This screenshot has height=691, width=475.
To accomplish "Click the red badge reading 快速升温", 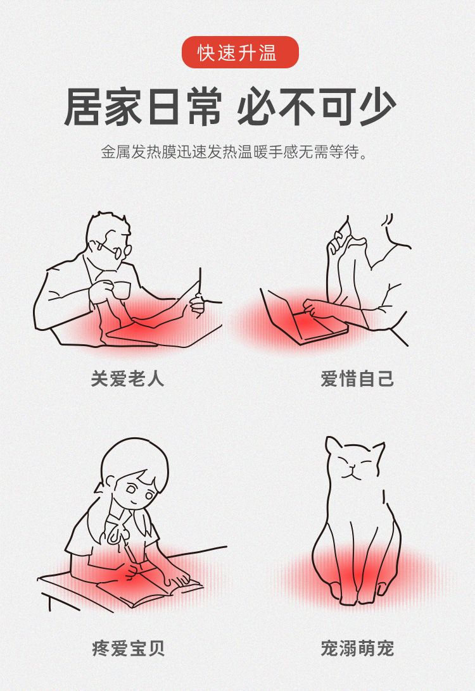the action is tap(241, 53).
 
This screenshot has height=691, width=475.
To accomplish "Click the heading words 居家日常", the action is tap(142, 108).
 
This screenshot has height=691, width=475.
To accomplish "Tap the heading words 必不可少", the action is tap(317, 107).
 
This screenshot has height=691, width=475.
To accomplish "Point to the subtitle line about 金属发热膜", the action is tap(234, 153).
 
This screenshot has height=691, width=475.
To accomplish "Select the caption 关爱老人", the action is tap(127, 378).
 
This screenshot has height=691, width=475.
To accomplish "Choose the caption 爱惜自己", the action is tap(357, 378).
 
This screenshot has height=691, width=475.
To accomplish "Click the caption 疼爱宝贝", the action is tap(128, 648).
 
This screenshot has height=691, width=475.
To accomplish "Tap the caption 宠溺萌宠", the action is tap(357, 648).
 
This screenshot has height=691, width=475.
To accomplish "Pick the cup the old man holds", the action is tap(120, 290).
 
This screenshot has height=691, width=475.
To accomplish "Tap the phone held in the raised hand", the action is tap(341, 232).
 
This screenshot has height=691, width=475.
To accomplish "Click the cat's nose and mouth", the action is tap(350, 473).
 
